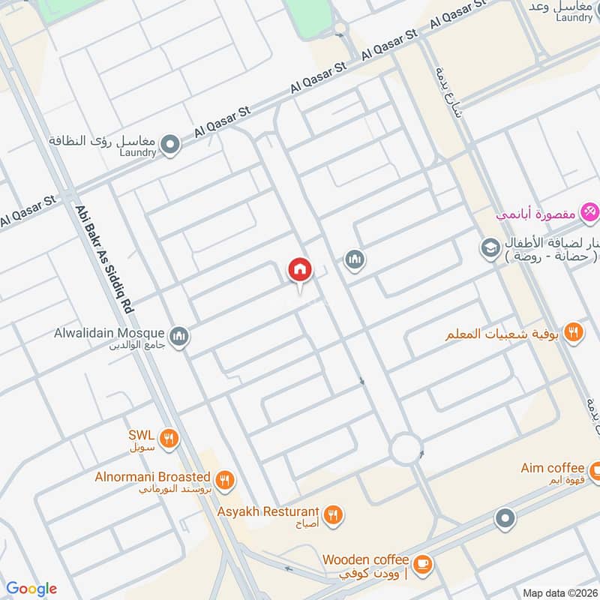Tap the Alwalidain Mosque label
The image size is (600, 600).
[112, 332]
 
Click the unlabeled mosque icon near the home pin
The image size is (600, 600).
[355, 260]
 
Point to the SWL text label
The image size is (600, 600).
[140, 434]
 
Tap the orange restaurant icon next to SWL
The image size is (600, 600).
[170, 439]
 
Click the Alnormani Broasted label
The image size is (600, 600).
[163, 477]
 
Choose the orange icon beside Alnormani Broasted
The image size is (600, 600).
[223, 480]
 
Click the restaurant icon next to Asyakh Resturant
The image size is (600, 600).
[334, 514]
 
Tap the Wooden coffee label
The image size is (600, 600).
[365, 559]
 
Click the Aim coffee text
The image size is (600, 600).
[552, 469]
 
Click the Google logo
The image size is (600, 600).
[31, 589]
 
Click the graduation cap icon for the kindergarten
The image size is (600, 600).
[490, 246]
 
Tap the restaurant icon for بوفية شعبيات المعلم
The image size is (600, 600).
[574, 331]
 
